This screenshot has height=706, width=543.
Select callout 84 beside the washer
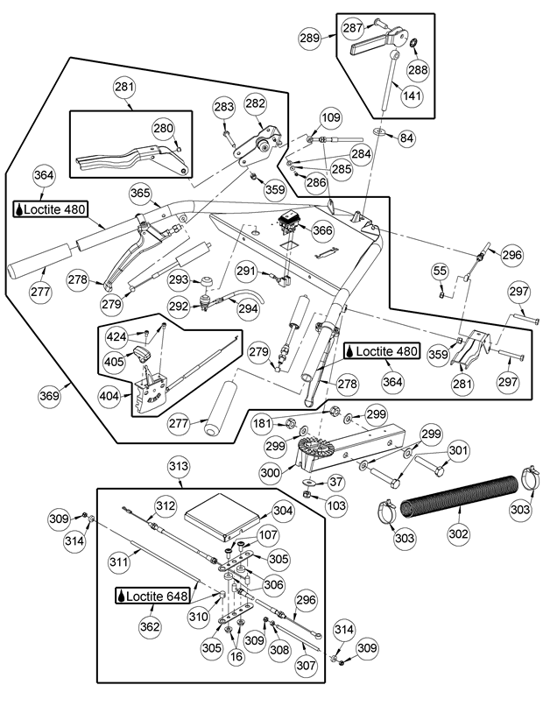point(406,138)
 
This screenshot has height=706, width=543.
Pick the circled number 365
point(140,193)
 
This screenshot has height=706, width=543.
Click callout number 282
point(256,103)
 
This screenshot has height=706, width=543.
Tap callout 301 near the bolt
point(457,452)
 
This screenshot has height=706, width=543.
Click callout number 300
point(271,472)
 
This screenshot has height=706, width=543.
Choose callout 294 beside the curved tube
point(247,308)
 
